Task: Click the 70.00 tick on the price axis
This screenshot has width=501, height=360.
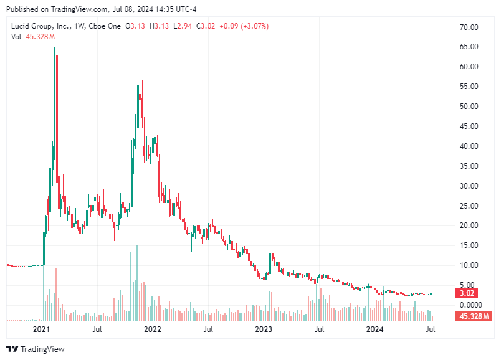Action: [468, 27]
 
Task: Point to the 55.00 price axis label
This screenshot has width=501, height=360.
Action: [468, 87]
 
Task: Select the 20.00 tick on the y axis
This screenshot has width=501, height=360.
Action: [468, 225]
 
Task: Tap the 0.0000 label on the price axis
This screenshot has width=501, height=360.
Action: [470, 305]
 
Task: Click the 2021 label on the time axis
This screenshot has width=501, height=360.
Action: [41, 328]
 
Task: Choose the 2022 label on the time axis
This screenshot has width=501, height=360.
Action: [153, 328]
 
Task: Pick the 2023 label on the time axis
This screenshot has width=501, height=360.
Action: [264, 328]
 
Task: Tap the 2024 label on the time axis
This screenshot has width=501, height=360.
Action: [375, 328]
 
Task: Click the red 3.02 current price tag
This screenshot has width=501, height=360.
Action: [468, 293]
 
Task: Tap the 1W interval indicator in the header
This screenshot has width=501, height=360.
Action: [80, 26]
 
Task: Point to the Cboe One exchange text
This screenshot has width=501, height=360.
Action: [105, 26]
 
